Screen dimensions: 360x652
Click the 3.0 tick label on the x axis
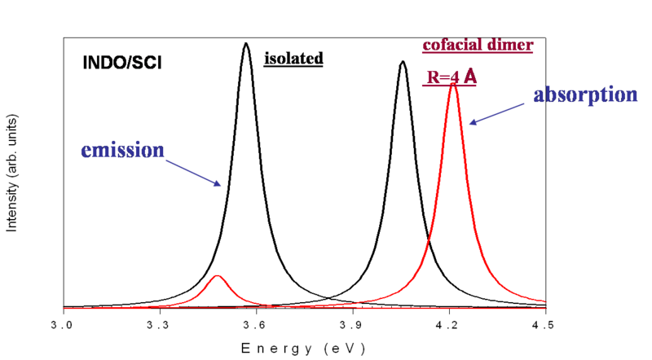pos(63,324)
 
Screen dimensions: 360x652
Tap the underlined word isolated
pos(293,59)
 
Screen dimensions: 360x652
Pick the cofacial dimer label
pos(477,45)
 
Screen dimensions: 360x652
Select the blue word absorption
pos(584,94)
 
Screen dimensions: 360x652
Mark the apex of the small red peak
pos(217,276)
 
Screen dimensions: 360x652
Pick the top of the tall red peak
pos(454,84)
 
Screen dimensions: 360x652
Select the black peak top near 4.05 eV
pos(401,62)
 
